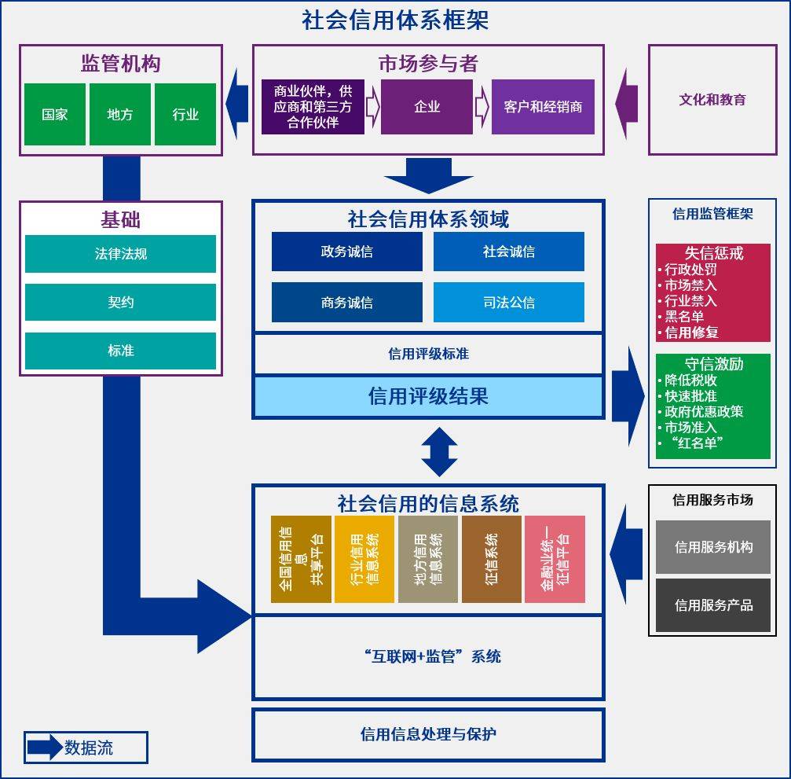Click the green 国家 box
55,115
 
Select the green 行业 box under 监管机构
185,115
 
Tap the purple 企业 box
427,107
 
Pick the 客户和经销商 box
543,107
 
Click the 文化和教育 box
712,100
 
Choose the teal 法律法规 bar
120,254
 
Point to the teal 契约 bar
120,303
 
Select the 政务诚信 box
346,252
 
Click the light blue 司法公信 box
508,303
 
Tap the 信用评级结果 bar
428,396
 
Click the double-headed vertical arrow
439,452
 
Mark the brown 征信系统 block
491,559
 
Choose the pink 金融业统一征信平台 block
555,559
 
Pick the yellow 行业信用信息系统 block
364,559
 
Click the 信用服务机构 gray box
713,547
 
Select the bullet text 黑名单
684,317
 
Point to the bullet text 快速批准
690,396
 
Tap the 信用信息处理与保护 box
428,735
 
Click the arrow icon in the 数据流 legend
45,748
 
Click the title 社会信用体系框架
395,20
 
